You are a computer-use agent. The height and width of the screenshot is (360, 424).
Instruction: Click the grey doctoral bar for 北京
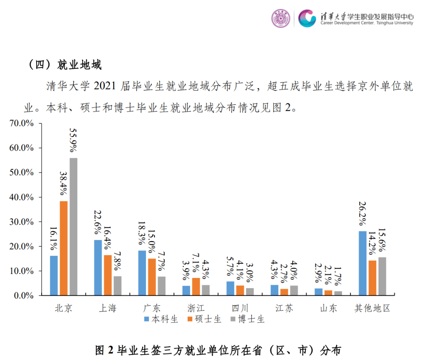pos(73,226)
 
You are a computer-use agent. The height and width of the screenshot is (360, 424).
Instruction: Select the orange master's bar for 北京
pos(64,248)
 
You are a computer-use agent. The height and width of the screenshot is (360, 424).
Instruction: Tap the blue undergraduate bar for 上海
pos(98,267)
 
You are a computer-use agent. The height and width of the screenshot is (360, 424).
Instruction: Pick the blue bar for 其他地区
pos(362,263)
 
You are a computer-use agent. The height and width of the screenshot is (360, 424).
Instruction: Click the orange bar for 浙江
pos(196,286)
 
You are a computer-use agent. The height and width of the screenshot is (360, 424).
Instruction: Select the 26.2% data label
pos(362,214)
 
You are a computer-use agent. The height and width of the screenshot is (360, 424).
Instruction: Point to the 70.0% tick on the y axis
pos(22,124)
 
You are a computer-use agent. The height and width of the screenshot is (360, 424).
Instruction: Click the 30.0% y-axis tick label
pos(22,222)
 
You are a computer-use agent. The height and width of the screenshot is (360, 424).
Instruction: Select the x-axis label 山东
pos(329,308)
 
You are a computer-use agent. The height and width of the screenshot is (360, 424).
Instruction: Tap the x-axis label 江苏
pos(284,308)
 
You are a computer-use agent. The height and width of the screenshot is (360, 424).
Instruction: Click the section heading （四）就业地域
pos(65,65)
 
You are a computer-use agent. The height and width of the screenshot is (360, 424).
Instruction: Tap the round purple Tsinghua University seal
pos(281,18)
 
